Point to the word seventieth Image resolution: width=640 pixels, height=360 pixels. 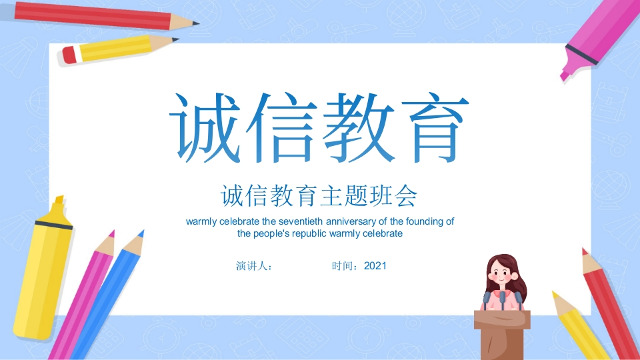click(301, 221)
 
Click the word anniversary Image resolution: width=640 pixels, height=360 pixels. click(351, 221)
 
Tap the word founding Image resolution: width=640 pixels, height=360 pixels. click(424, 221)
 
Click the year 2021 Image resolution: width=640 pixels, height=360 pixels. click(375, 266)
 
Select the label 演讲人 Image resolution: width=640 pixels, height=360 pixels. click(251, 266)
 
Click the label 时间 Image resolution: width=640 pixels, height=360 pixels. click(341, 266)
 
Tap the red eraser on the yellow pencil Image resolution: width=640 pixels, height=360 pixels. click(69, 55)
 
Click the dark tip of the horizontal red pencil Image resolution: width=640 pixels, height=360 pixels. click(195, 23)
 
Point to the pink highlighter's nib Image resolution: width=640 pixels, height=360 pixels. click(565, 75)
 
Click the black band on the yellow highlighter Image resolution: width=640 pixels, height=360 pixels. click(53, 224)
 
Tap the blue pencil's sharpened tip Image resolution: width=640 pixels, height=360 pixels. click(141, 233)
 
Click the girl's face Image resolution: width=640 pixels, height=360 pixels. click(501, 273)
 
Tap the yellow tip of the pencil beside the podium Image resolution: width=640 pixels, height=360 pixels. click(555, 295)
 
